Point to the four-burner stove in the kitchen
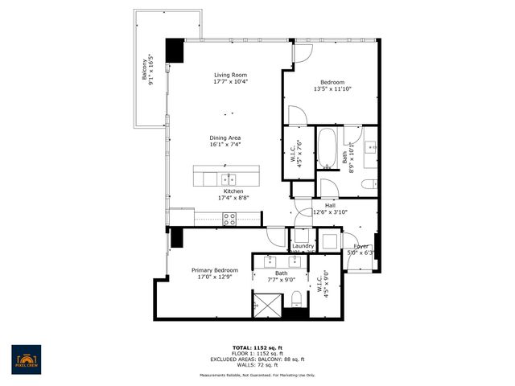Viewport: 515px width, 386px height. point(229,216)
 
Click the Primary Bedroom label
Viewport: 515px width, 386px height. point(214,270)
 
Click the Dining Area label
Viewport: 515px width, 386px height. point(225,138)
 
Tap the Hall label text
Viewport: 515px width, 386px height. point(330,206)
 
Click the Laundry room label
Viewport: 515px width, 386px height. point(303,246)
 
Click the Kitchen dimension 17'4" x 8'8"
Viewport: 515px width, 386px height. point(228,199)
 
